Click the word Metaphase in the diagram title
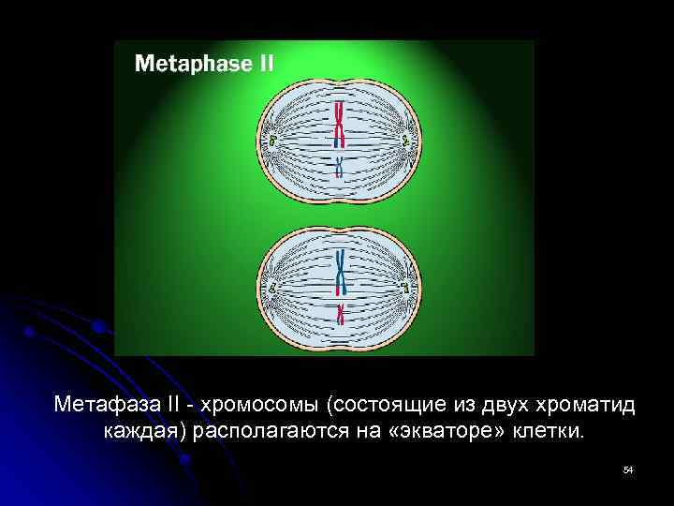point(193,64)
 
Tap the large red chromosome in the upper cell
point(339,125)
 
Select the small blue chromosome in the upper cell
point(339,167)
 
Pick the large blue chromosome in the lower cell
point(339,270)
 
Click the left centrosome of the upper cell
point(272,141)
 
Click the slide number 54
point(628,469)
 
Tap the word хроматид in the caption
point(583,406)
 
